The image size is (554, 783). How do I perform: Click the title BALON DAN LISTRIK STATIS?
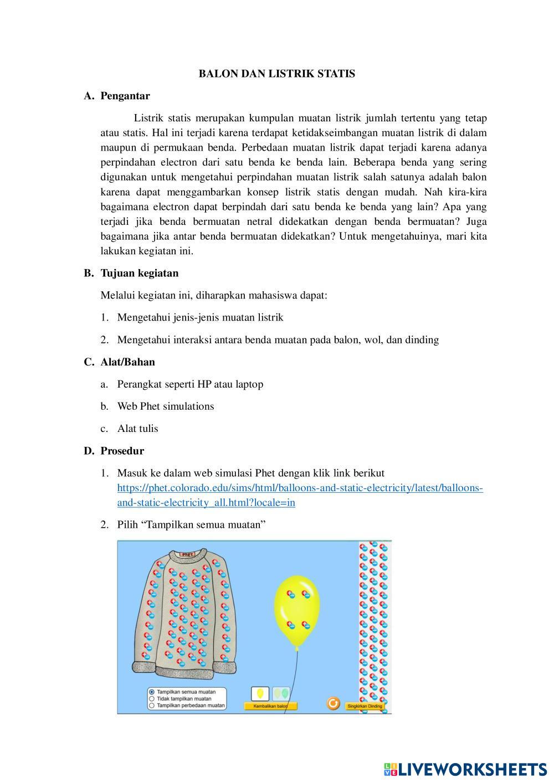click(x=277, y=74)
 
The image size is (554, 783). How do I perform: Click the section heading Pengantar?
click(x=125, y=96)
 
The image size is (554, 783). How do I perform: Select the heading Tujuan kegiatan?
click(x=139, y=273)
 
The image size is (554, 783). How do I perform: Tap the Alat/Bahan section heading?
click(x=127, y=362)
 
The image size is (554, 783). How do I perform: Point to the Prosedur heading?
click(x=122, y=451)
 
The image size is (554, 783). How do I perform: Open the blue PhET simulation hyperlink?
click(x=300, y=488)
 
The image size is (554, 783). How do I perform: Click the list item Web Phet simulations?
click(x=165, y=406)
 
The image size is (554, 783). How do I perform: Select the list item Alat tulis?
click(x=137, y=429)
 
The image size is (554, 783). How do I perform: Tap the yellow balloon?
click(x=297, y=609)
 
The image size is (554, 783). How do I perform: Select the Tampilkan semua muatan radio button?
click(x=152, y=692)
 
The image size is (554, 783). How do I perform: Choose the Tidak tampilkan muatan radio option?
click(x=152, y=699)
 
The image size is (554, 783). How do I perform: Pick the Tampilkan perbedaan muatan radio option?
click(x=152, y=706)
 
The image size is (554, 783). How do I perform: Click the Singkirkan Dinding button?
click(x=364, y=707)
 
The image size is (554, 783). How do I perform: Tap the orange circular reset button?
click(x=333, y=703)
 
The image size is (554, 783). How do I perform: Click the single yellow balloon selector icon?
click(x=260, y=694)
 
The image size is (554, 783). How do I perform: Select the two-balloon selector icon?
click(x=281, y=694)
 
